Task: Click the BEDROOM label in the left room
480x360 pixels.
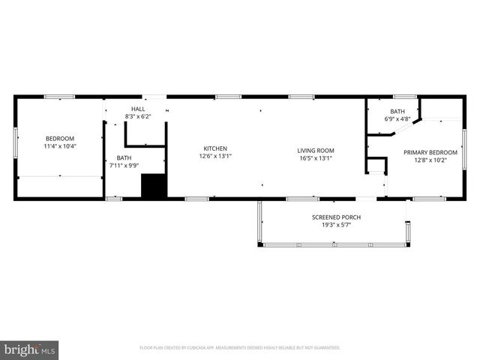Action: (x=60, y=139)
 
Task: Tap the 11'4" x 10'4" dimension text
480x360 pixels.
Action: (x=60, y=146)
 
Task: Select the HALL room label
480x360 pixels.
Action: (x=138, y=109)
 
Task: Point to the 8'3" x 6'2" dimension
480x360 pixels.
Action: (x=138, y=117)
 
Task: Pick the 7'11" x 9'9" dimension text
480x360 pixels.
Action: (x=124, y=166)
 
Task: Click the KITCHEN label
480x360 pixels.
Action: (x=215, y=148)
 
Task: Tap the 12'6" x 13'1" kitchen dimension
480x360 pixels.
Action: (x=215, y=157)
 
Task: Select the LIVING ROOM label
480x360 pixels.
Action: (x=315, y=149)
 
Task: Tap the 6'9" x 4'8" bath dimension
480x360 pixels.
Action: (x=397, y=118)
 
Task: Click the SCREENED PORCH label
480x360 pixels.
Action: (x=336, y=217)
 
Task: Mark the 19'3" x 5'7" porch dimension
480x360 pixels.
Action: (x=336, y=225)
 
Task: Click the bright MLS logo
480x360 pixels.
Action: (x=30, y=349)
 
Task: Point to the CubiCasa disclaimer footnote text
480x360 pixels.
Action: (x=240, y=348)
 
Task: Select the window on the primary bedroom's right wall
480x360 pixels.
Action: (x=464, y=159)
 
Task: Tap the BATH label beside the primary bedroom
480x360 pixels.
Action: (x=397, y=111)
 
